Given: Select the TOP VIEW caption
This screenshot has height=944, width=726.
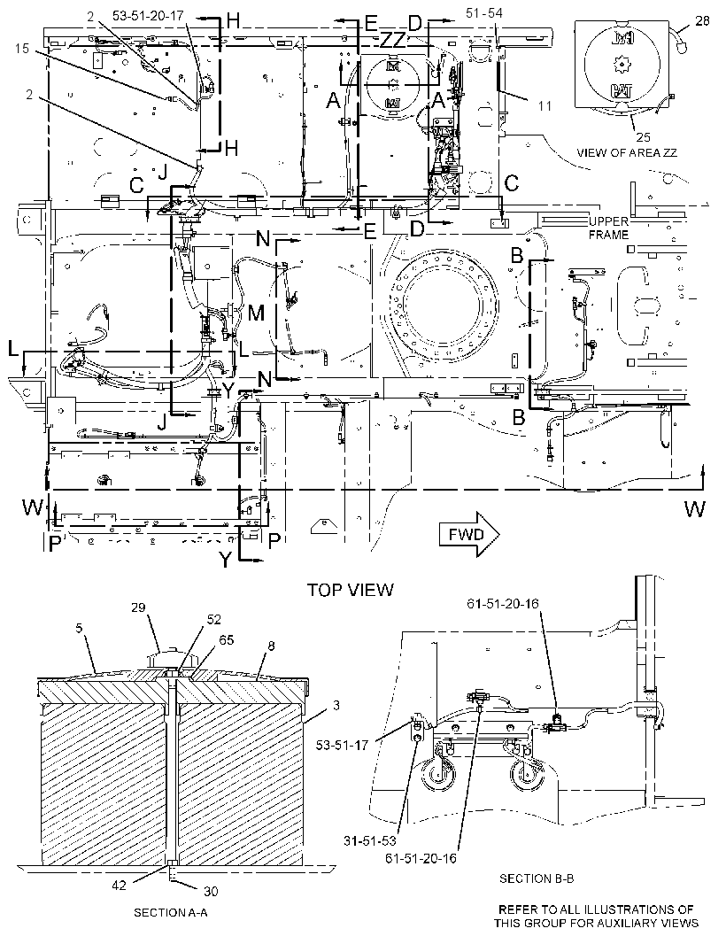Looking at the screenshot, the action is [x=351, y=590].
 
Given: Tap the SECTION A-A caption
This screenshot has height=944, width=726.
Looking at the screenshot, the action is [x=170, y=913].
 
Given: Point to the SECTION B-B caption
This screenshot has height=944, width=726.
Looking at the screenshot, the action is [x=537, y=878].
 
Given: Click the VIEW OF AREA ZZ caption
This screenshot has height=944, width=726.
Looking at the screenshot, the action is [x=627, y=152].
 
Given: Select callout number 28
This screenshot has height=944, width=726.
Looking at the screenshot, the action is [x=702, y=21].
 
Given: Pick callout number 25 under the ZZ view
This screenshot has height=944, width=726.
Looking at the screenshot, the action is [x=643, y=137].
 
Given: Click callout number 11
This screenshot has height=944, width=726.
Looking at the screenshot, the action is [x=544, y=106].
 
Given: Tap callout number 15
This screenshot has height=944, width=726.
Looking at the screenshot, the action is [x=21, y=48].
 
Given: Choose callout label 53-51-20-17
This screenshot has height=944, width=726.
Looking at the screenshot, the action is [x=148, y=16].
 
